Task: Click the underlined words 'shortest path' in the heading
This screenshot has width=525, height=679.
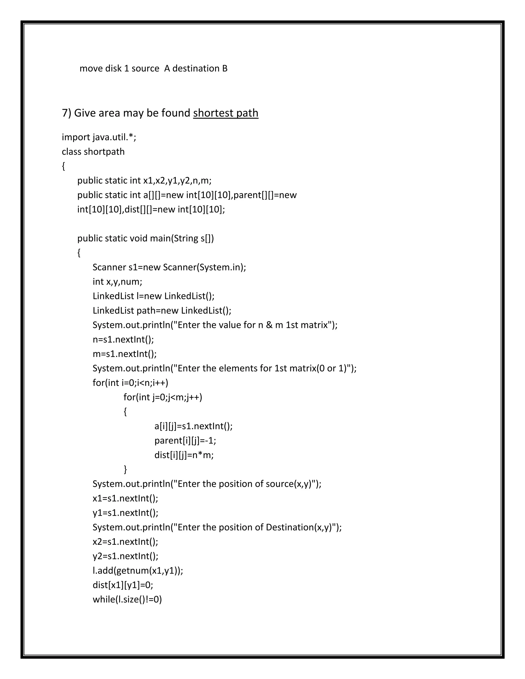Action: tap(226, 113)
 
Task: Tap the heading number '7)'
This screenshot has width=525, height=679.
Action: tap(67, 113)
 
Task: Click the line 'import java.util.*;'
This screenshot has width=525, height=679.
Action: tap(99, 137)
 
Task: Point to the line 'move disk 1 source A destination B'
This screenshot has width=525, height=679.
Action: tap(153, 68)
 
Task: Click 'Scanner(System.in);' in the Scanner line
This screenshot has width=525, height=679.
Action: tap(204, 267)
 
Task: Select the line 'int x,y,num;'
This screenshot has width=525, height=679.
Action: tap(117, 282)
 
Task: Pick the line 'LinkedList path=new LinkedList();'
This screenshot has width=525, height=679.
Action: tap(162, 311)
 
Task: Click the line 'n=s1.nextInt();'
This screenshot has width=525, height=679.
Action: tap(123, 339)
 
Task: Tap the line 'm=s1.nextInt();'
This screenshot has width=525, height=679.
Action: tap(124, 354)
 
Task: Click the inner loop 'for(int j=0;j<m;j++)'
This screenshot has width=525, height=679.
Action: tap(163, 397)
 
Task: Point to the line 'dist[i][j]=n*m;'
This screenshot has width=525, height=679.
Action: tap(184, 455)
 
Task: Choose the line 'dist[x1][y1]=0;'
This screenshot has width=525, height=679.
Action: tap(123, 585)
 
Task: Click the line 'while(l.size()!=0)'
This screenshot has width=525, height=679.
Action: tap(127, 599)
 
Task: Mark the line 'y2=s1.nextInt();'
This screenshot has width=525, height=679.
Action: tap(125, 556)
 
